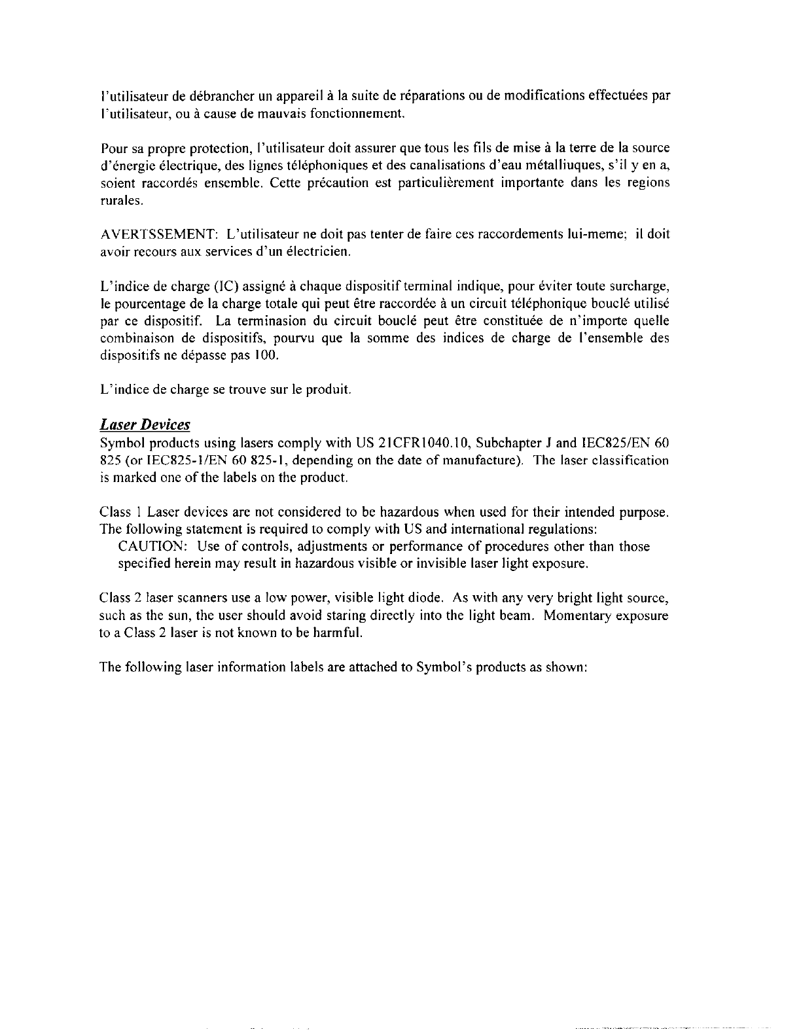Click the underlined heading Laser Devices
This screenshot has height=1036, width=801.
click(145, 425)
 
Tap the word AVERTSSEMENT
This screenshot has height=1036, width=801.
click(158, 234)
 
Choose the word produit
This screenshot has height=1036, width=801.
click(333, 390)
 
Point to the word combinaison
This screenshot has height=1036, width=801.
click(133, 338)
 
